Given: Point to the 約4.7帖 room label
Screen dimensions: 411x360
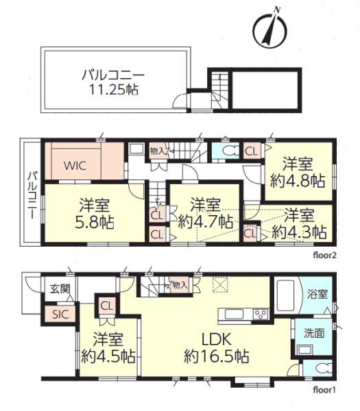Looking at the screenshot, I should coord(204,213).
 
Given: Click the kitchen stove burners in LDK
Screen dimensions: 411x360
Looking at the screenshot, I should coord(261,314).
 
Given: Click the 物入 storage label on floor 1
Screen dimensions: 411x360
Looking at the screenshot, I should coord(180,285).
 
